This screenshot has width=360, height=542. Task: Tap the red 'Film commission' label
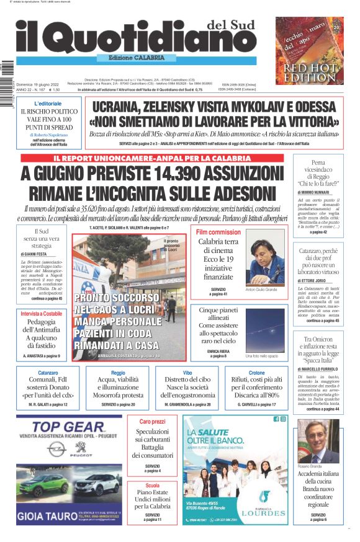(218, 232)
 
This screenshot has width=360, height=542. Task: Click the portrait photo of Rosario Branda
(318, 442)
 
